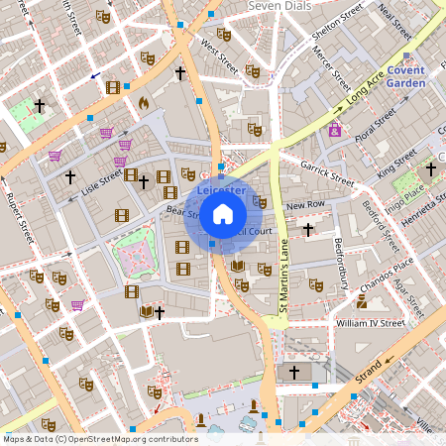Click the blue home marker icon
coord(222,213)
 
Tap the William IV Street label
coord(370,323)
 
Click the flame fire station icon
coord(143,101)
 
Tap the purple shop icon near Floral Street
coord(335,130)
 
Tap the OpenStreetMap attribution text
coord(100,438)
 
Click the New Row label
coord(304,206)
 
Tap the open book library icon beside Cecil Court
coord(237,266)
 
